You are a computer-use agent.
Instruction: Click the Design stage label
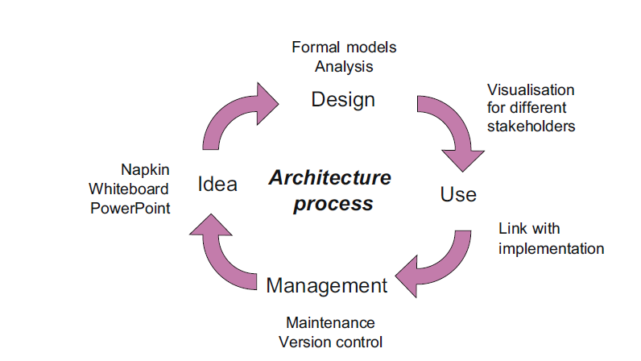pos(343,100)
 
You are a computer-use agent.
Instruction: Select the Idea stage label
pos(217,185)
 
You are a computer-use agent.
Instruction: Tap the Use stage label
pos(458,194)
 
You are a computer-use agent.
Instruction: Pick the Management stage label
pos(326,285)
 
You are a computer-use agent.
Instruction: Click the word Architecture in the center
pos(329,178)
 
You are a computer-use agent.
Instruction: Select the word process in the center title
pos(333,203)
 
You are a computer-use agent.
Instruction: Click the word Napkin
pos(145,170)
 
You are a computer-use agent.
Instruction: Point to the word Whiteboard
pos(129,189)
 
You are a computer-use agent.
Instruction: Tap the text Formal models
pos(344,47)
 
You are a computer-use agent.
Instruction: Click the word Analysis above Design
pos(344,66)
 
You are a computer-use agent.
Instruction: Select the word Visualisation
pos(531,89)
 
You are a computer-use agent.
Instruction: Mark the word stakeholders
pos(531,126)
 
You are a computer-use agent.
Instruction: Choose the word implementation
pos(551,248)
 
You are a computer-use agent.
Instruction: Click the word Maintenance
pos(330,322)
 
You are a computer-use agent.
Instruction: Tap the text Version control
pos(330,341)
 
